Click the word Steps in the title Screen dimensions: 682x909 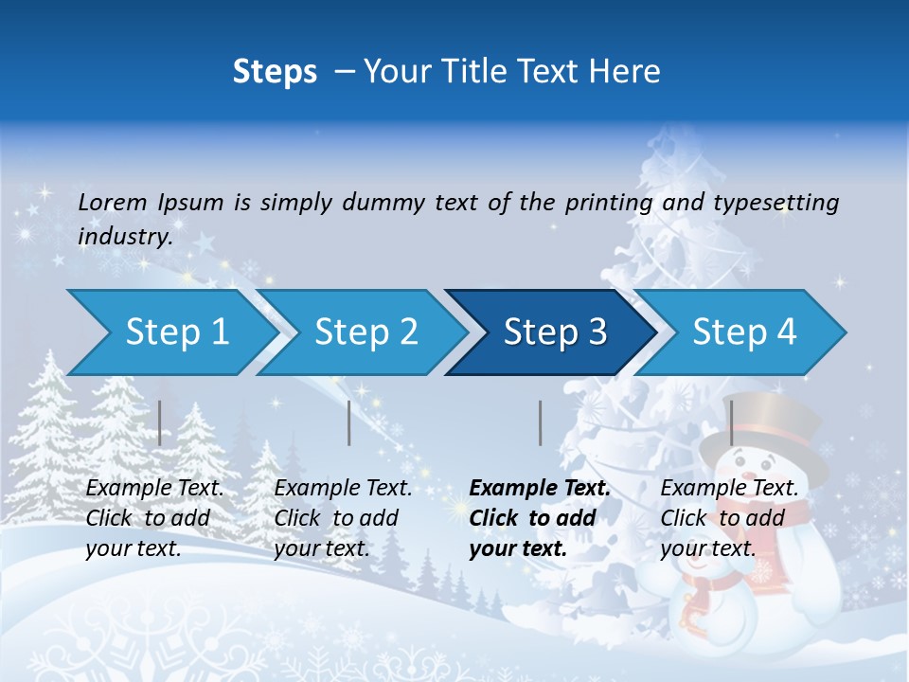coord(275,72)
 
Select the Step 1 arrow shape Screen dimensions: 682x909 coord(170,332)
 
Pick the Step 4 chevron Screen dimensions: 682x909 coord(742,332)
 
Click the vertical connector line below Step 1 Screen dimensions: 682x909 coord(160,422)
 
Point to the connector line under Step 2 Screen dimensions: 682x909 coord(349,422)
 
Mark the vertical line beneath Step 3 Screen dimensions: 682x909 coord(540,422)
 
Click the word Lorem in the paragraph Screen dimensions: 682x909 coord(113,203)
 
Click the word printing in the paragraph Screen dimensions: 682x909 coord(609,203)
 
